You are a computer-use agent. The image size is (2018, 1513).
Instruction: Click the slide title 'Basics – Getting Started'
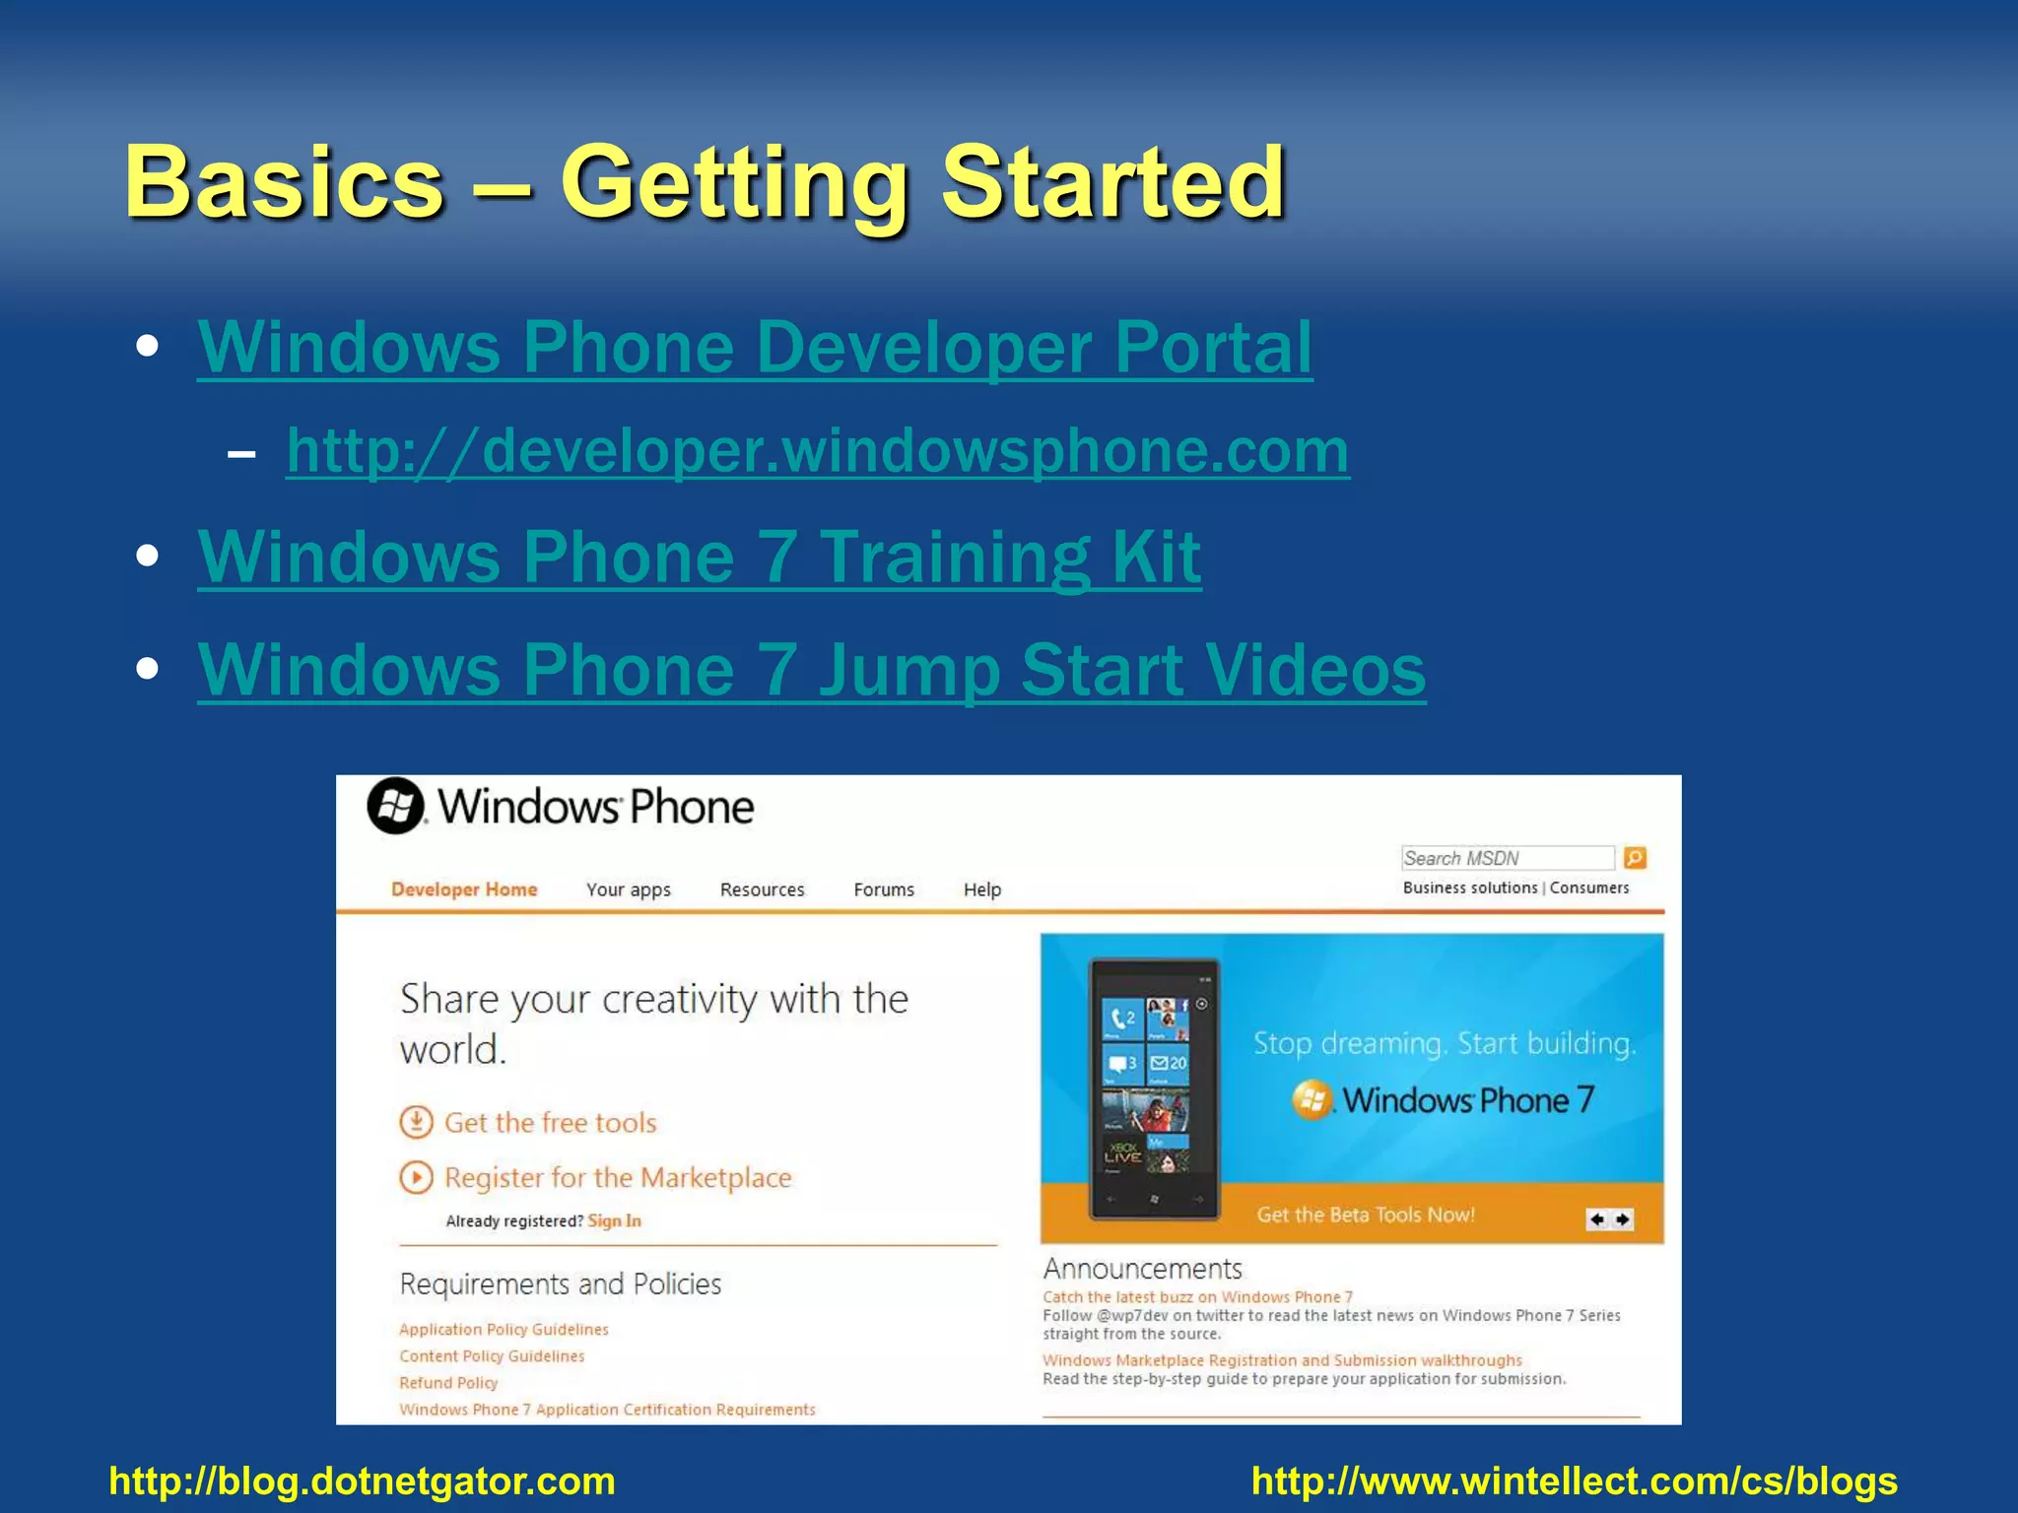pyautogui.click(x=705, y=182)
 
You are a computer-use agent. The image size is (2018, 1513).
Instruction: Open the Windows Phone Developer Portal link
pyautogui.click(x=755, y=348)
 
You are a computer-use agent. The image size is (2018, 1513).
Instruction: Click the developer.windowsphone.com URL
pyautogui.click(x=817, y=451)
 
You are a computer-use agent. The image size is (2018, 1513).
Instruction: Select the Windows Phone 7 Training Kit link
pyautogui.click(x=699, y=558)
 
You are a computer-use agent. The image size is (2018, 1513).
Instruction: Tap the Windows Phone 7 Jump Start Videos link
pyautogui.click(x=811, y=671)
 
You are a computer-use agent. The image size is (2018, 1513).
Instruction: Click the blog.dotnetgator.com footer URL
pyautogui.click(x=362, y=1480)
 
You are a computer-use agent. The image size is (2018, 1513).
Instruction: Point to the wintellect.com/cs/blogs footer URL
pyautogui.click(x=1574, y=1480)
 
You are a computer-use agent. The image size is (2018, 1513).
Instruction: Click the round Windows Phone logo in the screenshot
pyautogui.click(x=396, y=806)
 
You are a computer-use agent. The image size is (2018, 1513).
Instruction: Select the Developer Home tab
pyautogui.click(x=464, y=889)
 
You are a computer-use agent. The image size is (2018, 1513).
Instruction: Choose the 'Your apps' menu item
pyautogui.click(x=628, y=889)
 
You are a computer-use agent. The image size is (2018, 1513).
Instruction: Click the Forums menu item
pyautogui.click(x=883, y=889)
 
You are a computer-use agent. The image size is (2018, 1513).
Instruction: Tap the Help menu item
pyautogui.click(x=981, y=889)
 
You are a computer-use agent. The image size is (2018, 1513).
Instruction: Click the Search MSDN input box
pyautogui.click(x=1507, y=858)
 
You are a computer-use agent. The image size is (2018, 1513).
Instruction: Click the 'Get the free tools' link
pyautogui.click(x=550, y=1123)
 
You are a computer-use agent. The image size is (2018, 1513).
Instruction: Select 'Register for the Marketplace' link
pyautogui.click(x=617, y=1178)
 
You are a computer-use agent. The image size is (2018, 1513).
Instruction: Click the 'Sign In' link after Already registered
pyautogui.click(x=614, y=1221)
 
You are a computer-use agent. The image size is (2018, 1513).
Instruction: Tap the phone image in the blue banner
pyautogui.click(x=1154, y=1088)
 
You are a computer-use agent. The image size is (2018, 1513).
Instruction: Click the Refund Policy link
pyautogui.click(x=448, y=1383)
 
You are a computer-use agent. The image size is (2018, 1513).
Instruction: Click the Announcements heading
pyautogui.click(x=1142, y=1269)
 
